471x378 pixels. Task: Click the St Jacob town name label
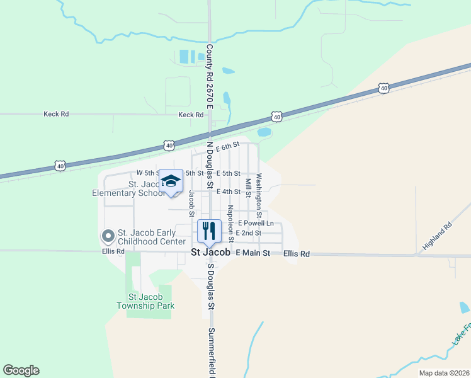tap(212, 253)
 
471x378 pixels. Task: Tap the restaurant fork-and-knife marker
tap(209, 231)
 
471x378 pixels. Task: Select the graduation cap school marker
tap(170, 181)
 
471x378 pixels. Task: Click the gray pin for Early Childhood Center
tap(108, 237)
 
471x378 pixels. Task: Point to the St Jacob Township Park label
tap(145, 301)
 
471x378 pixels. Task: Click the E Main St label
tap(252, 253)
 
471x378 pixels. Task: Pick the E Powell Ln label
tap(256, 223)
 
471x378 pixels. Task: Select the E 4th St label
tap(229, 192)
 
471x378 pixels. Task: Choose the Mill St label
tap(249, 188)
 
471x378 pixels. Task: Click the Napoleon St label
tap(230, 223)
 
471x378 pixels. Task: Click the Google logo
tap(21, 370)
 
